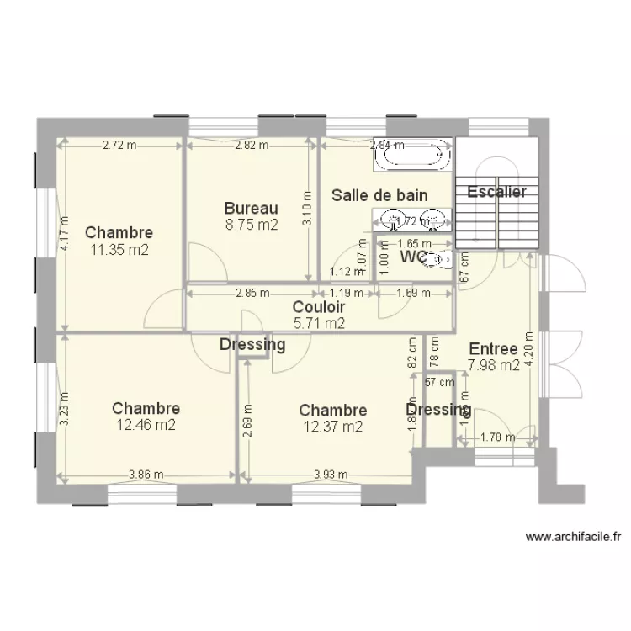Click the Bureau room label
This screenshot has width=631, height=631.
pos(251,208)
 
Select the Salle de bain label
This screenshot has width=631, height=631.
pos(379,195)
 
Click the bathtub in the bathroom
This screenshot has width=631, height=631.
pos(409,153)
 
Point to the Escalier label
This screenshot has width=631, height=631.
pos(496,192)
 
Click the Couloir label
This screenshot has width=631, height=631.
pos(319,307)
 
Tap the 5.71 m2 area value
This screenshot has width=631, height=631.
pos(319,321)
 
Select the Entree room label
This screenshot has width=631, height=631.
pos(493,349)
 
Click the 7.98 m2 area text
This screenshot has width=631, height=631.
pos(493,364)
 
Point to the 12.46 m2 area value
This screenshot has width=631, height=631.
pos(146,425)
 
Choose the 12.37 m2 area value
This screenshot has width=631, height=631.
pos(333,426)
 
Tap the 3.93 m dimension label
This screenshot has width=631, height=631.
pos(331,475)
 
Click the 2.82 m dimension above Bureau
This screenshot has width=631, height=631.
pos(252,145)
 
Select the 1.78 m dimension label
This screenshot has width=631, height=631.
pos(497,437)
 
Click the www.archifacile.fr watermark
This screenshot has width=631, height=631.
pos(572,536)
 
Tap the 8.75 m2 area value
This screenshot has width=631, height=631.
pos(251,225)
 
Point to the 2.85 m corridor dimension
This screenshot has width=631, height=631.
pos(252,294)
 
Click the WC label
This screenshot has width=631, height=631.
pos(411,256)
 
